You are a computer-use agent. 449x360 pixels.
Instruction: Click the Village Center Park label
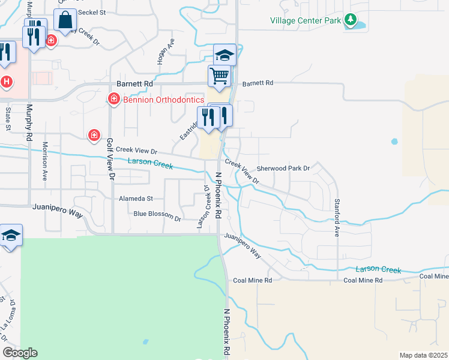(x=305, y=20)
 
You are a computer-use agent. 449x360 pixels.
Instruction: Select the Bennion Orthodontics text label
(x=163, y=100)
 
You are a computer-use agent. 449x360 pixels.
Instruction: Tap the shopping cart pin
(x=220, y=76)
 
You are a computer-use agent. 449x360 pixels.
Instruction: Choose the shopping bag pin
(x=65, y=20)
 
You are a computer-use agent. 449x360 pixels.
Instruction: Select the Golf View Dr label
(x=110, y=159)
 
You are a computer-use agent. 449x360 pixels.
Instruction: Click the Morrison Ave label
(x=44, y=161)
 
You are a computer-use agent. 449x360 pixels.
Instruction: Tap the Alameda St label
(x=136, y=198)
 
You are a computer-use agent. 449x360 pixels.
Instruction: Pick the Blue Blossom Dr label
(x=157, y=214)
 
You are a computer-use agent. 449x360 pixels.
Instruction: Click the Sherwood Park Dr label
(x=283, y=169)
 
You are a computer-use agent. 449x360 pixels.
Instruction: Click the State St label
(x=8, y=119)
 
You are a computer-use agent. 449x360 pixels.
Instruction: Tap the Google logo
(x=19, y=353)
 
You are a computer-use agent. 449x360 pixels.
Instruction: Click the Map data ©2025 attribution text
(x=423, y=355)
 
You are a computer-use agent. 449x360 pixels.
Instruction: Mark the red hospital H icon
(x=6, y=81)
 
